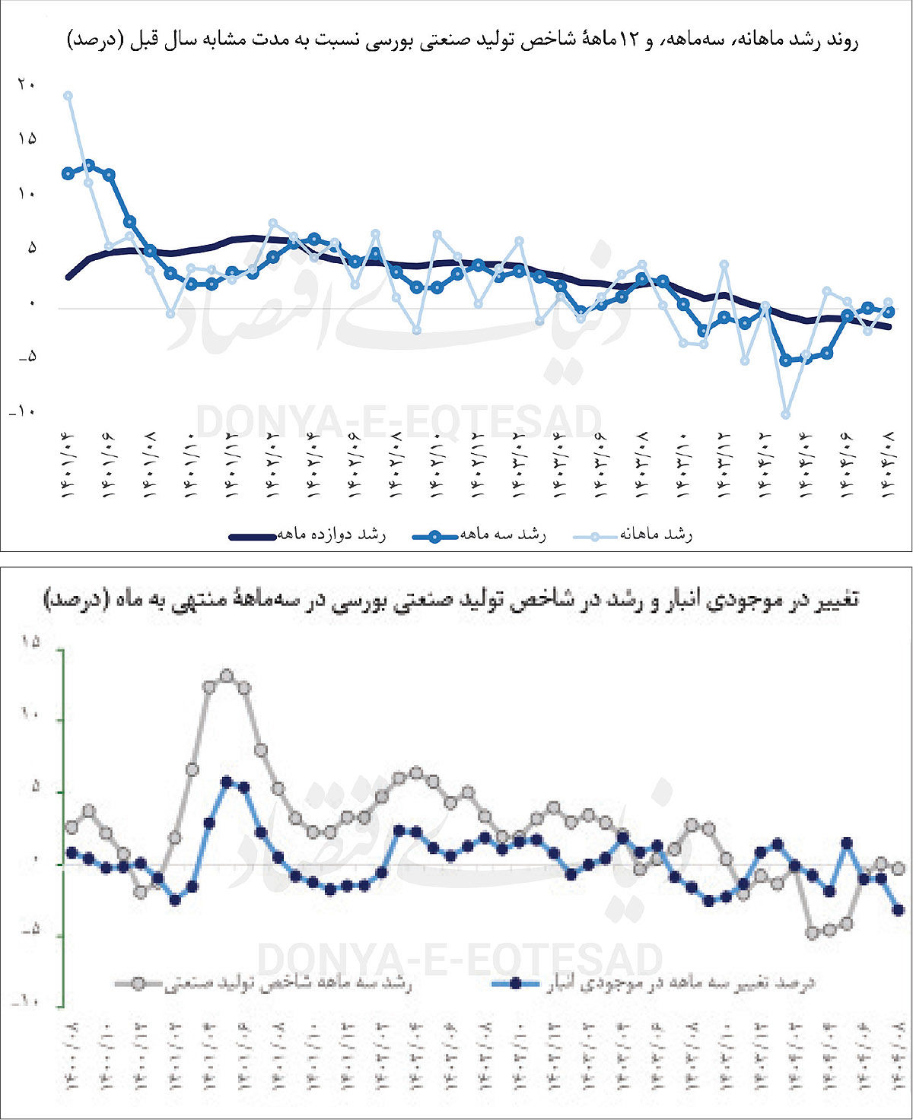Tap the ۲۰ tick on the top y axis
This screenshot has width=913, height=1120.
point(26,84)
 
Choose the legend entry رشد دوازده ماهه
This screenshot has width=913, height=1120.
point(308,535)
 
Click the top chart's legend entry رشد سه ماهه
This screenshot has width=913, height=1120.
point(479,535)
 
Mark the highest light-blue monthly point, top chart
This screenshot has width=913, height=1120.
point(68,96)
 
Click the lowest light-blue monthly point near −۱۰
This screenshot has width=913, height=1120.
point(786,414)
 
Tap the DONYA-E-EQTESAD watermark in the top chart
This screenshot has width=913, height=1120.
point(399,423)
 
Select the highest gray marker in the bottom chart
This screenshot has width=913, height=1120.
point(226,675)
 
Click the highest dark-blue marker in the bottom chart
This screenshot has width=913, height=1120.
point(226,781)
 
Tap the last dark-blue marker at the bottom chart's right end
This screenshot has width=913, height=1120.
point(899,909)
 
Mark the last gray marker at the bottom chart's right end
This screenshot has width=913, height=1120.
point(899,868)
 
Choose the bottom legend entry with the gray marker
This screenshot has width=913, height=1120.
point(262,984)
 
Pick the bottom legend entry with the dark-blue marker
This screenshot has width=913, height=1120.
point(654,984)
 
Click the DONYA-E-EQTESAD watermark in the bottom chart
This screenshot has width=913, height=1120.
point(460,960)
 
